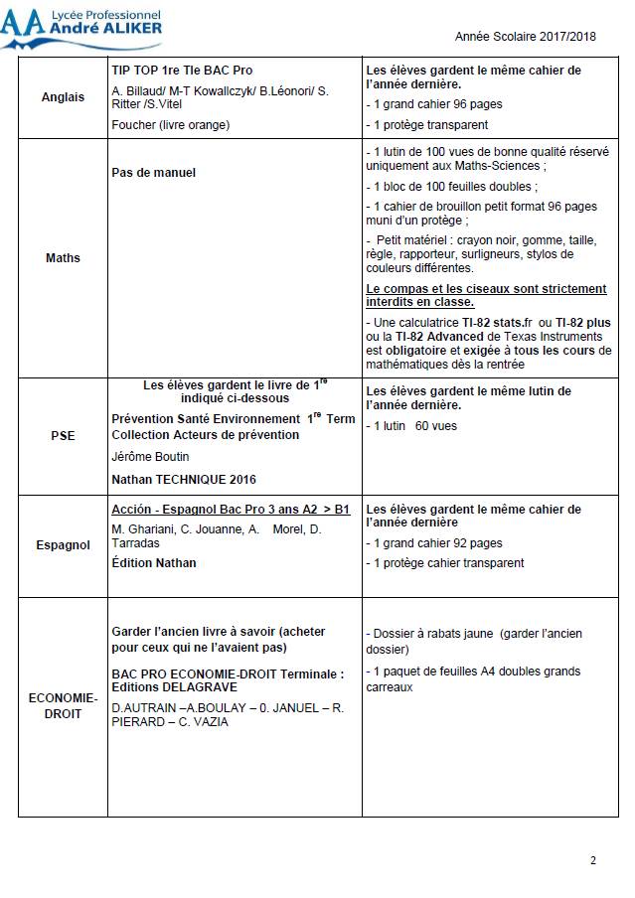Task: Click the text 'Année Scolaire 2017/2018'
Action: click(525, 36)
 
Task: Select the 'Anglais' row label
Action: click(63, 97)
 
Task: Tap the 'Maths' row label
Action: click(63, 258)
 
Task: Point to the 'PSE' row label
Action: click(63, 435)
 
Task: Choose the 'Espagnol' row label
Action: click(63, 545)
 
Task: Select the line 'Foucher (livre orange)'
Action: click(170, 125)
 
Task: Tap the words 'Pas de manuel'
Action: click(154, 172)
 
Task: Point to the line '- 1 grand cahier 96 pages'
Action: click(434, 104)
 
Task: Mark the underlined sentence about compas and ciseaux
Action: click(485, 295)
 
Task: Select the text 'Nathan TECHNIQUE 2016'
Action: click(184, 480)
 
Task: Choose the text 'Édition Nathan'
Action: click(154, 563)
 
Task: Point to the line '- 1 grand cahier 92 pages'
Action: click(434, 543)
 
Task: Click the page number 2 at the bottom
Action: click(592, 860)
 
